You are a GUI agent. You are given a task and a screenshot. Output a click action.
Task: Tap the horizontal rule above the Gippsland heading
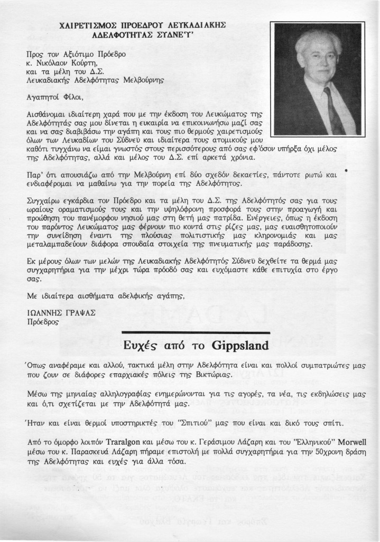point(196,332)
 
